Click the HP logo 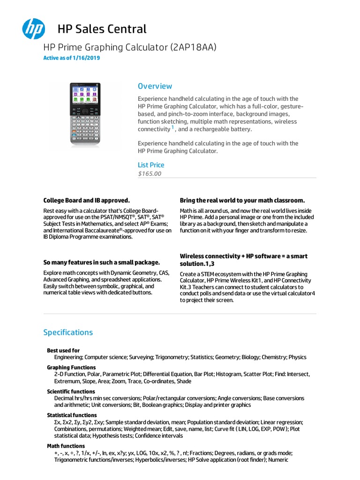pyautogui.click(x=33, y=28)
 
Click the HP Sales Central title pyautogui.click(x=102, y=29)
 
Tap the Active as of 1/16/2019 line pyautogui.click(x=71, y=58)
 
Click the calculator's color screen pyautogui.click(x=85, y=95)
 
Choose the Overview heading pyautogui.click(x=155, y=86)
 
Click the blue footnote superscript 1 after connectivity pyautogui.click(x=172, y=127)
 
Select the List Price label pyautogui.click(x=151, y=165)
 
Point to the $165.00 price pyautogui.click(x=150, y=173)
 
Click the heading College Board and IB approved pyautogui.click(x=86, y=200)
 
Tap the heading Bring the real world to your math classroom pyautogui.click(x=242, y=200)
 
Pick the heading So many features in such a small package pyautogui.click(x=102, y=262)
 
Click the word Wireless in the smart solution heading pyautogui.click(x=193, y=256)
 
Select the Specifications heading pyautogui.click(x=68, y=332)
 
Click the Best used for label pyautogui.click(x=63, y=351)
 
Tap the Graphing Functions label pyautogui.click(x=71, y=367)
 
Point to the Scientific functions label pyautogui.click(x=71, y=391)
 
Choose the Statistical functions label pyautogui.click(x=72, y=415)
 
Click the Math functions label pyautogui.click(x=66, y=446)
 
